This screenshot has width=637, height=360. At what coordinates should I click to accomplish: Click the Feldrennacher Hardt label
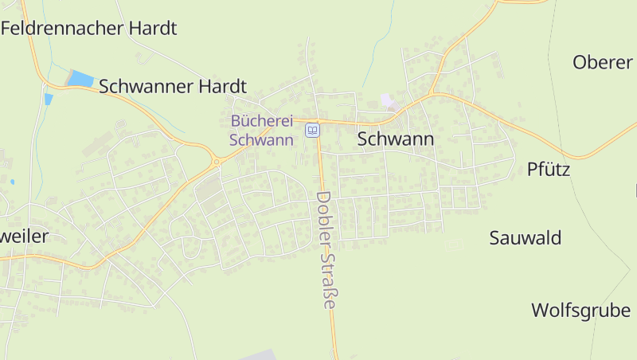88,29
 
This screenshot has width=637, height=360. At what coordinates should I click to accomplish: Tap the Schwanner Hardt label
173,87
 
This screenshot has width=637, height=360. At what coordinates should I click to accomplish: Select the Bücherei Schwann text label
262,130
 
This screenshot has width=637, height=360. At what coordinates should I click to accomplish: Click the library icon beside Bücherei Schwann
313,130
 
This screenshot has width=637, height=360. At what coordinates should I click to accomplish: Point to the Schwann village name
396,139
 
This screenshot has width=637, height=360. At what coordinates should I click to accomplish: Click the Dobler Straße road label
326,249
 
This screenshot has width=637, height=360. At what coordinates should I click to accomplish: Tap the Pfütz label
549,169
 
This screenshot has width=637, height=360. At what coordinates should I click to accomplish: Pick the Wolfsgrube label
580,310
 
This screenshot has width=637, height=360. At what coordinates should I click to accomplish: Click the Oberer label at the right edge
603,62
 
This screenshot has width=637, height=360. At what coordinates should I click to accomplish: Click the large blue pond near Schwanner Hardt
80,78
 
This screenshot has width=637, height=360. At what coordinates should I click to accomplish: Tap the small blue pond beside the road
49,99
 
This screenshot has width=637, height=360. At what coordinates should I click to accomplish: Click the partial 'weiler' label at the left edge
25,236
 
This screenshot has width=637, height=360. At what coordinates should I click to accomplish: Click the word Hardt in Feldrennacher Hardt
151,29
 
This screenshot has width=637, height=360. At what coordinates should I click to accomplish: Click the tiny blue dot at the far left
12,182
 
